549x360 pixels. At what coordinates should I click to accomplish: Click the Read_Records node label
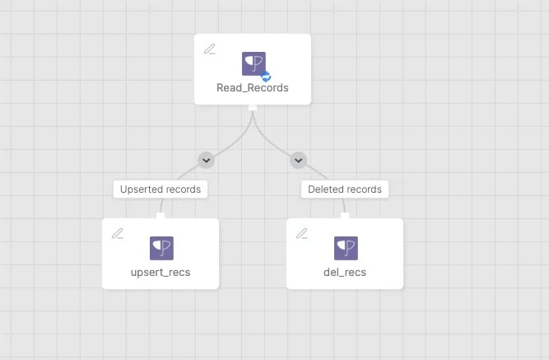click(253, 87)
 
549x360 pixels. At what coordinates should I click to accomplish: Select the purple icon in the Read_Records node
click(254, 63)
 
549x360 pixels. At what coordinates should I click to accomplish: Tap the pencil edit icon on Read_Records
click(209, 49)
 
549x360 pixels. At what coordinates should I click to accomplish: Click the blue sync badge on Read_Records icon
click(266, 76)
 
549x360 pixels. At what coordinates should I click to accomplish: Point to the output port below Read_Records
click(253, 108)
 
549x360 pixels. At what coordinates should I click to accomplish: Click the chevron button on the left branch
click(207, 160)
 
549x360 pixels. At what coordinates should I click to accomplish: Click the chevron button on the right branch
click(298, 160)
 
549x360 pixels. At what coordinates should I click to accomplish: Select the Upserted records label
click(161, 189)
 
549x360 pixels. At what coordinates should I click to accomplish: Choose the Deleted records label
click(345, 189)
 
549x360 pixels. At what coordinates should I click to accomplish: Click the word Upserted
click(141, 189)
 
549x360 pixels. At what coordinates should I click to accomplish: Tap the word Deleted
click(324, 189)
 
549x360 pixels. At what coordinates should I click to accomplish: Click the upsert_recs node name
click(161, 273)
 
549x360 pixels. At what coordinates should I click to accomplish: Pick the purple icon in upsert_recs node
click(161, 248)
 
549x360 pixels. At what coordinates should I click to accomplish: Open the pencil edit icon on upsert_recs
click(118, 233)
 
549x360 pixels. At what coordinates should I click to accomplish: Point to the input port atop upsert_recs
click(161, 216)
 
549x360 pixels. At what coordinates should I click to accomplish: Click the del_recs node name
click(345, 273)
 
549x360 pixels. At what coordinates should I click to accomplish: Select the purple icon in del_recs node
click(346, 248)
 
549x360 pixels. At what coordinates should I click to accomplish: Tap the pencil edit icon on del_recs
click(302, 233)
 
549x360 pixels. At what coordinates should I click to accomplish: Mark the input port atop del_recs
click(345, 216)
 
